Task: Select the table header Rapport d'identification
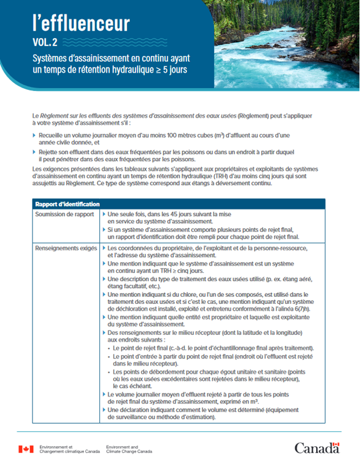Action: tap(67, 204)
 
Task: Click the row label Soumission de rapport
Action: tap(65, 214)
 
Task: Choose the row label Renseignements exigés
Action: tap(66, 248)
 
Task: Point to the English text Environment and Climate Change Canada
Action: tap(130, 450)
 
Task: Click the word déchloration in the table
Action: tap(131, 309)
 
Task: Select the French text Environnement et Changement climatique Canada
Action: tap(69, 450)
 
